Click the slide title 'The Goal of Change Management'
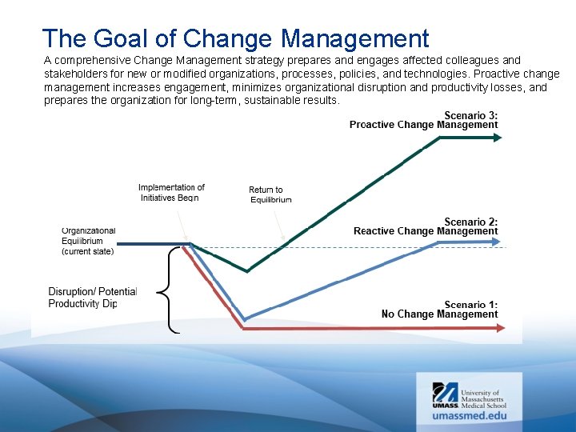(235, 38)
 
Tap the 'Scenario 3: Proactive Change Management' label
(423, 120)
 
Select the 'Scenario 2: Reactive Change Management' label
(426, 226)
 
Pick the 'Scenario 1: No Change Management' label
(439, 310)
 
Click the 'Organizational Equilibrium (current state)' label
(88, 241)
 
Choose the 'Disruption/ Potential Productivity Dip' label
(93, 297)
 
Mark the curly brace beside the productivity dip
(166, 289)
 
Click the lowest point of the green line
(247, 271)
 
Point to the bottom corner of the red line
(244, 327)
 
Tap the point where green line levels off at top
(439, 138)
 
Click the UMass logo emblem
(445, 392)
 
